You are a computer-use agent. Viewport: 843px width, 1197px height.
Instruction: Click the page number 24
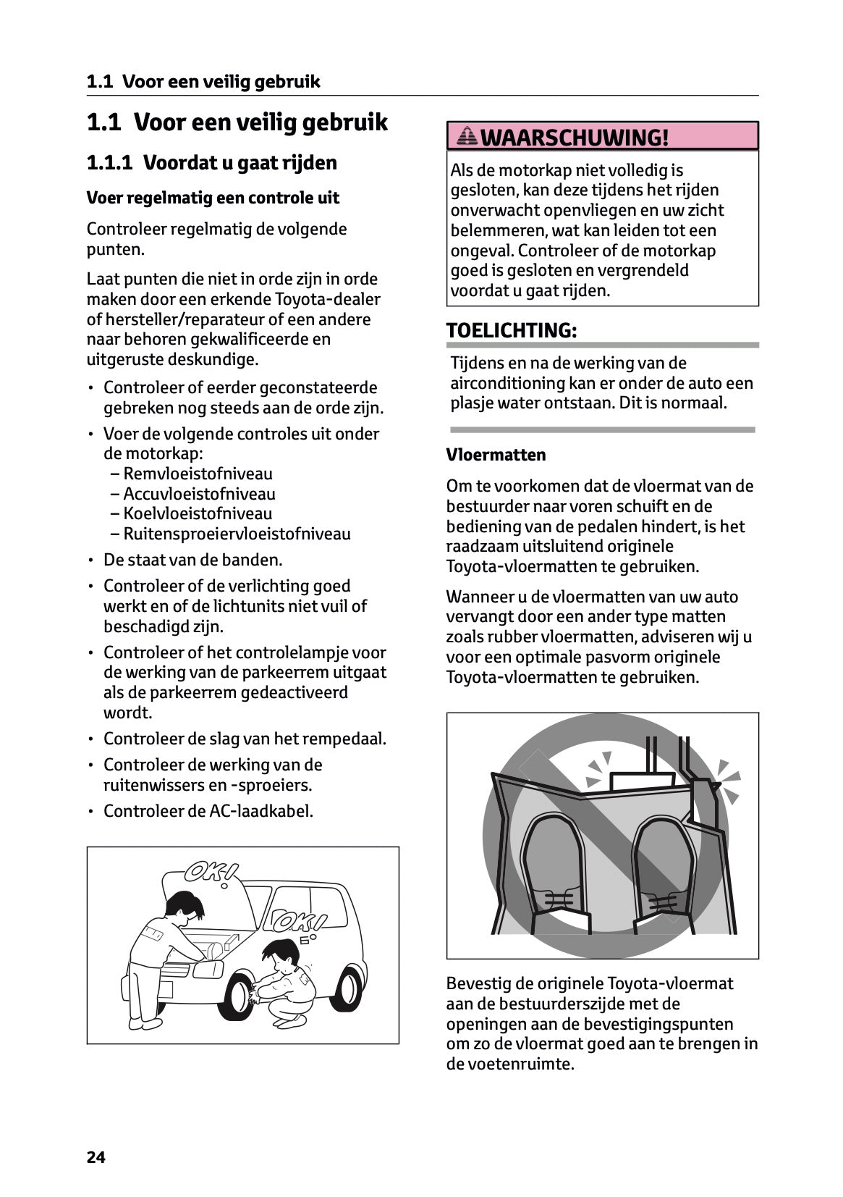(96, 1157)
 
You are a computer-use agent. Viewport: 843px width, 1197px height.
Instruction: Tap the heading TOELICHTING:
(512, 330)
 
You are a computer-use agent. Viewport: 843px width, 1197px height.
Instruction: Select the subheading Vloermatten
(496, 455)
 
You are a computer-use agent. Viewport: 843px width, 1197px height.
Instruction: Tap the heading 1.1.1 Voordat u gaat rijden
(211, 162)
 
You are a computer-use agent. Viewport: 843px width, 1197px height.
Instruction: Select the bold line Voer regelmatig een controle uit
(213, 198)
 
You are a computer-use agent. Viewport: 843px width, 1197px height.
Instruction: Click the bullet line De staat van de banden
(192, 560)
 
